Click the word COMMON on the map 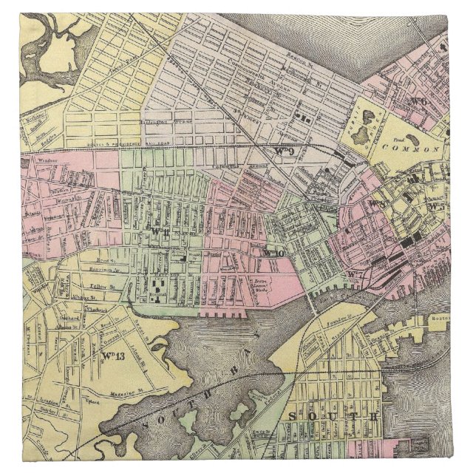424,149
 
